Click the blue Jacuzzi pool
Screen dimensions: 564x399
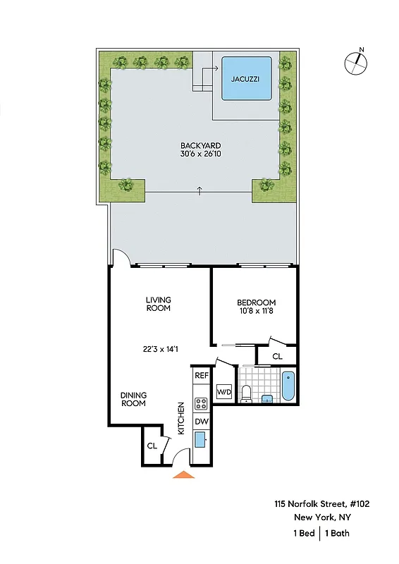[x=246, y=79]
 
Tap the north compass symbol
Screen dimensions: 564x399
[x=357, y=63]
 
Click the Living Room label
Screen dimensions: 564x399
[x=159, y=304]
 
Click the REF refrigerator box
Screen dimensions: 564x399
[x=201, y=376]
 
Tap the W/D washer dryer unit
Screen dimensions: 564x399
[x=223, y=392]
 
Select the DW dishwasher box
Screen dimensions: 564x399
[x=201, y=422]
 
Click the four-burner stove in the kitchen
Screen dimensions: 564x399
[x=201, y=404]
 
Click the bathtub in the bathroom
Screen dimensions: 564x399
[x=288, y=387]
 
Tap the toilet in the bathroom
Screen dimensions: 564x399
[x=246, y=393]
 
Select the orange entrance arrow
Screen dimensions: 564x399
[x=183, y=474]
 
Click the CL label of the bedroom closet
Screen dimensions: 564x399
[x=277, y=356]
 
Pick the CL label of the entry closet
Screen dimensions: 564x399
[x=152, y=446]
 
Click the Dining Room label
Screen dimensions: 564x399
[x=133, y=399]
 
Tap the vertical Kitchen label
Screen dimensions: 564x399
[x=181, y=417]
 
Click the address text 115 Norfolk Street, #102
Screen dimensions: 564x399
[x=321, y=503]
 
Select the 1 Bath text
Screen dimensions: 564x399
[x=337, y=533]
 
